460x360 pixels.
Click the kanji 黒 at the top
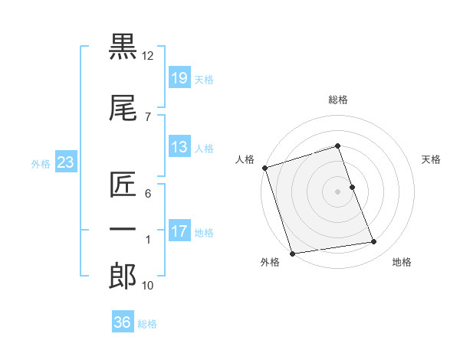coord(123,48)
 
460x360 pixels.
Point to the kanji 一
coord(123,228)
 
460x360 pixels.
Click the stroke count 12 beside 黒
coord(148,56)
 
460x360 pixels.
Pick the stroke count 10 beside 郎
coord(148,286)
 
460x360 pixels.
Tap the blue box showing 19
coord(179,77)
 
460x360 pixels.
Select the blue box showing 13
coord(179,146)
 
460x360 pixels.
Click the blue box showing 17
coord(179,231)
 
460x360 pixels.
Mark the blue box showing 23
coord(65,162)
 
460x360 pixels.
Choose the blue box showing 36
coord(122,322)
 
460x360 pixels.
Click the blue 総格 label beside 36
coord(147,324)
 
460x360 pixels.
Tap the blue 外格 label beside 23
coord(41,163)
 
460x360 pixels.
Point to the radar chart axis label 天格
coord(432,159)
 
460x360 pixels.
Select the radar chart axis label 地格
coord(402,262)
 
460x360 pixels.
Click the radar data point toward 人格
coord(264,168)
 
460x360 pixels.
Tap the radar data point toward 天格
coord(352,187)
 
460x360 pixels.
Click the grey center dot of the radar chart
coord(337,191)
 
